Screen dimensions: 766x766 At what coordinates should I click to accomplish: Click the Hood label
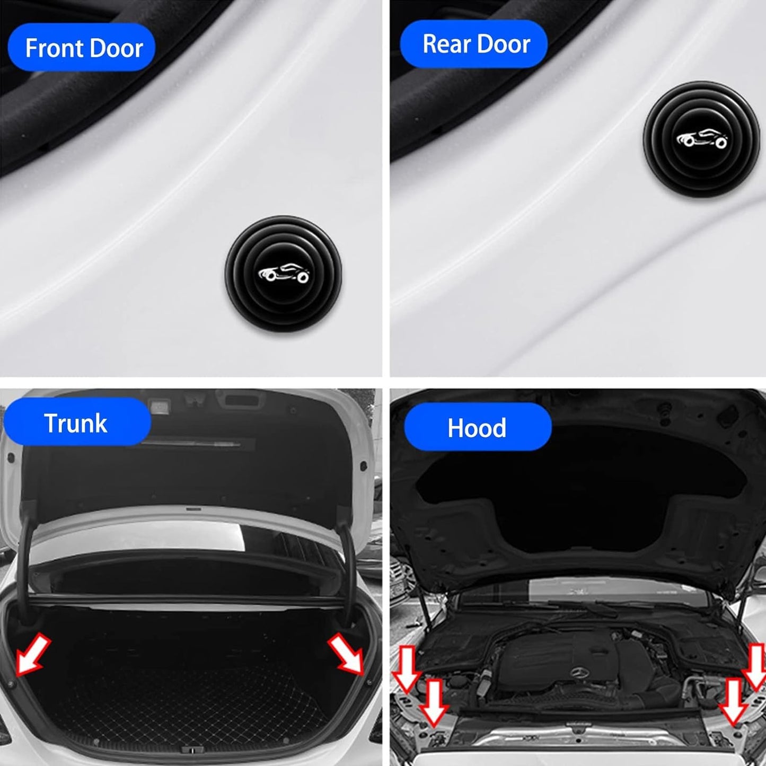[x=477, y=427]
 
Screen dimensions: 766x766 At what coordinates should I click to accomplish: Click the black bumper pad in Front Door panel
[x=284, y=274]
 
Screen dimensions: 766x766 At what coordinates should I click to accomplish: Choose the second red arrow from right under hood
[x=734, y=701]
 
